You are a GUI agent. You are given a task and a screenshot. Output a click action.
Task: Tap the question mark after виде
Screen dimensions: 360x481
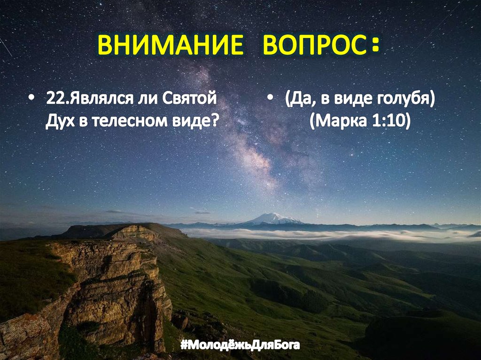[x=217, y=121]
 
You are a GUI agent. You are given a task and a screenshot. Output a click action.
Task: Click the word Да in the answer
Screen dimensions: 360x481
[x=297, y=100]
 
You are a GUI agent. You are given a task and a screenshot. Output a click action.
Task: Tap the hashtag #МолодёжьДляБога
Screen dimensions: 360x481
[x=240, y=346]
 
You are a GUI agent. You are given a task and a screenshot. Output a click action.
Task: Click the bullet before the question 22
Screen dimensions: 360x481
[x=31, y=100]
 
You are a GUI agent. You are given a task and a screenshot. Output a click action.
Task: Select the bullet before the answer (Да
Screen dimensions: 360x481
[x=271, y=100]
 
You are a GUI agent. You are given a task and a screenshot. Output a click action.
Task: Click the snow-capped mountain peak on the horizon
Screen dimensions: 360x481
[x=273, y=218]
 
